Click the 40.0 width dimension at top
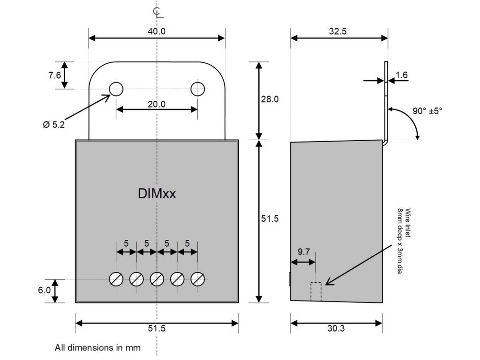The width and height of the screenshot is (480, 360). point(156,32)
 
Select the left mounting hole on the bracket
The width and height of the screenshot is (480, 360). point(116,89)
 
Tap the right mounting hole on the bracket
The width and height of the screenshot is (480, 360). point(197,89)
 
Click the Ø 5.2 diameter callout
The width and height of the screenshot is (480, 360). point(53,124)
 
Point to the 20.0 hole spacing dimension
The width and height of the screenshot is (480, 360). point(156,104)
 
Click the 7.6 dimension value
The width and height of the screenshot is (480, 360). point(54,75)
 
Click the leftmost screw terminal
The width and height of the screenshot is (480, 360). point(116,279)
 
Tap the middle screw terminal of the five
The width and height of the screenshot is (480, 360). point(157,279)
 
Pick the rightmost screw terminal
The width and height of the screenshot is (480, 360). point(198,279)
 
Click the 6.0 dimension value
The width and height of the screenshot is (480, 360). point(44,290)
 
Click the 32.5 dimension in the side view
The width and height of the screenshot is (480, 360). point(338,32)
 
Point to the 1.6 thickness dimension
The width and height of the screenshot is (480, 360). point(402,75)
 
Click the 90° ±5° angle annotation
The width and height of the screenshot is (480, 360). point(427,110)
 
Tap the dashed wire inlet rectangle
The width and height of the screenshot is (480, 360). point(315,292)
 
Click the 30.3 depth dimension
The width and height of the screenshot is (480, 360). point(336,328)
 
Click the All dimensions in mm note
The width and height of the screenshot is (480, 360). point(97,347)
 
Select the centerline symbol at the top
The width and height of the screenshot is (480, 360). point(156,11)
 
